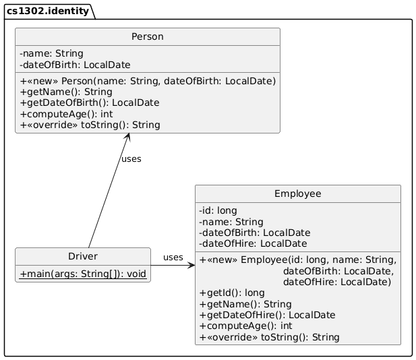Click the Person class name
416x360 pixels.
coord(147,37)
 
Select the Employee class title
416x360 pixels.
coord(297,194)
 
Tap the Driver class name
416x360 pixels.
coord(82,256)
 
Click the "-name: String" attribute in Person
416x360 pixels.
coord(52,53)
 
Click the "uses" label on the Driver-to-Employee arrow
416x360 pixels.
coord(173,257)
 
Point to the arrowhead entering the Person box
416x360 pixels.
coord(128,138)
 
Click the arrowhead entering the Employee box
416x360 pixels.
coord(191,265)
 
